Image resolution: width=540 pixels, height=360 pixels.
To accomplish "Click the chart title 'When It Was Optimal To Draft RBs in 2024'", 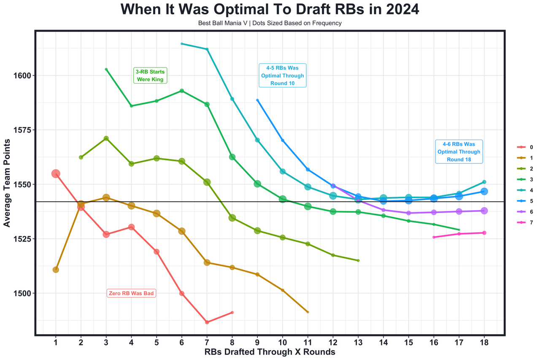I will tap(270, 9).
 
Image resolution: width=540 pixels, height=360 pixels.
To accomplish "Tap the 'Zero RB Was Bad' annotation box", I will tap(131, 293).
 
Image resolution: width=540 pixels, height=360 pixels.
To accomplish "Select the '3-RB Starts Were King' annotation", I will tap(150, 76).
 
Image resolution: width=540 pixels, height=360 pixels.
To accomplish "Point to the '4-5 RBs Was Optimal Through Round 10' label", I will tap(282, 76).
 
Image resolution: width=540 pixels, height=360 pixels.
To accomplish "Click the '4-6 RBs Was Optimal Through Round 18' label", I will tap(459, 152).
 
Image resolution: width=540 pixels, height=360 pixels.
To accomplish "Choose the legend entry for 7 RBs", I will tap(525, 222).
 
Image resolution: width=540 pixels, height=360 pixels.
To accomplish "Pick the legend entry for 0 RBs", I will tap(525, 147).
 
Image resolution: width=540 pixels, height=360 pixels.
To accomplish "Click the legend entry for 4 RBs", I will tap(525, 190).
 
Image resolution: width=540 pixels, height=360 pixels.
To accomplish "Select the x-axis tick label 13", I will tap(358, 343).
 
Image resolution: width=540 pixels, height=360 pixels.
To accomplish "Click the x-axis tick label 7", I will tap(207, 343).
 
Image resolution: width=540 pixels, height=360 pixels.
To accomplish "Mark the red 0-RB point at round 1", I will tap(56, 173).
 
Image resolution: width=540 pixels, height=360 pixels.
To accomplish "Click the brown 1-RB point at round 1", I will tap(56, 270).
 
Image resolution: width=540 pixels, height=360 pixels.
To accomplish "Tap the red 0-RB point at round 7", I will tap(207, 322).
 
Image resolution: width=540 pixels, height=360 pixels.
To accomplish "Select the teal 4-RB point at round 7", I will tap(207, 49).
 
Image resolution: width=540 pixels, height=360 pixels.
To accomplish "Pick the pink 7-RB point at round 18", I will tap(484, 233).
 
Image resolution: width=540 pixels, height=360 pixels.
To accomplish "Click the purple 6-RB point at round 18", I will tap(484, 211).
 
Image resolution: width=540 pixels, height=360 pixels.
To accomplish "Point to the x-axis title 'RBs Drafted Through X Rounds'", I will tap(270, 352).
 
